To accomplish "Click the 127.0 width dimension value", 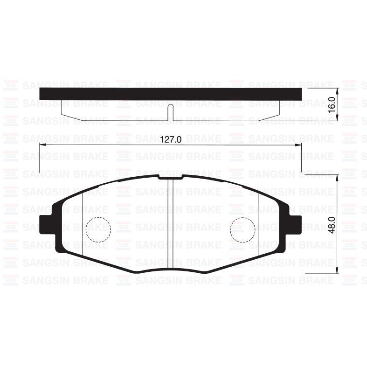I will click(171, 138).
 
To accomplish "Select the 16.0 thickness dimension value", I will click(332, 104).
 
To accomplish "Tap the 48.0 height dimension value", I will click(332, 223).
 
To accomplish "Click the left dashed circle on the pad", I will click(98, 229).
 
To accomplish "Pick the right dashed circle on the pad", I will click(243, 229).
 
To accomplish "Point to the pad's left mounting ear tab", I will click(46, 224).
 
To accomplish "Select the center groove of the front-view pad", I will click(170, 224).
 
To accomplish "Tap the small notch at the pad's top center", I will click(170, 177).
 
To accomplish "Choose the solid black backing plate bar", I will click(171, 94).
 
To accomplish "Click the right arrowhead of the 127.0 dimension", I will click(299, 145).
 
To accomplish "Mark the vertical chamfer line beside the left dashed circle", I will click(83, 224).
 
